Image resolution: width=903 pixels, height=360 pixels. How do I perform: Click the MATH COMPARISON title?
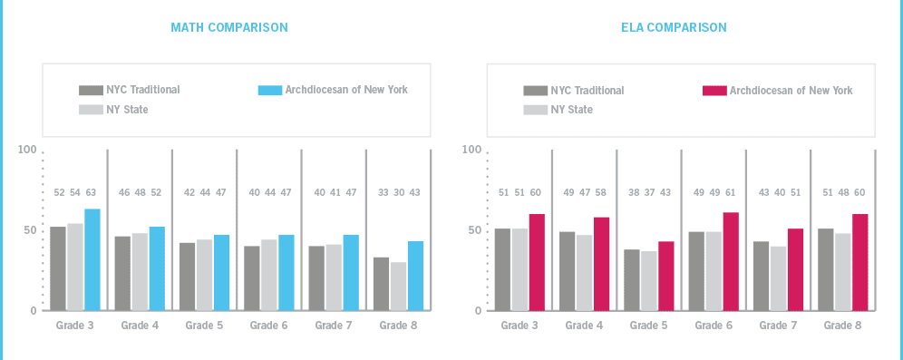[x=229, y=27]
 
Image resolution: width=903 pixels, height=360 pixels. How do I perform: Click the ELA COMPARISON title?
[x=674, y=27]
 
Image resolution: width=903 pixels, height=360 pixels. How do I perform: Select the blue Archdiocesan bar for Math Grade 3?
[x=92, y=260]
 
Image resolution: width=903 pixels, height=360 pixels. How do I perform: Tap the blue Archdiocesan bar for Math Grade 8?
[x=415, y=276]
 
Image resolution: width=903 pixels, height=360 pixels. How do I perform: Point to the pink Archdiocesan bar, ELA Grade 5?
[x=666, y=276]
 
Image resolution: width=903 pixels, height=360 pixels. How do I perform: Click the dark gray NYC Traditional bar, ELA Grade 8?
[x=825, y=269]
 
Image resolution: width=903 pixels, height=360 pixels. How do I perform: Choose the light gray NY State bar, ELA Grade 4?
[x=584, y=273]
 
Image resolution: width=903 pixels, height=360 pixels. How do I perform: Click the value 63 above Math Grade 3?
[x=92, y=192]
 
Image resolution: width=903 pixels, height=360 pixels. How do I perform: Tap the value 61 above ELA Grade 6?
[x=731, y=192]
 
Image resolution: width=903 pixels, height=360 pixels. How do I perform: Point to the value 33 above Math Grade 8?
[x=383, y=192]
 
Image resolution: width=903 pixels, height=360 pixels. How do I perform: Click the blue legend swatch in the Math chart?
[x=270, y=90]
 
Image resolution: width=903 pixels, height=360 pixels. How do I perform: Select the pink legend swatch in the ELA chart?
[x=714, y=91]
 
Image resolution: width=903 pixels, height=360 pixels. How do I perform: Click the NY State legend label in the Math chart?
[x=127, y=110]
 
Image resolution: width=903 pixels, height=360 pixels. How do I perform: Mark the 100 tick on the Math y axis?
[x=27, y=150]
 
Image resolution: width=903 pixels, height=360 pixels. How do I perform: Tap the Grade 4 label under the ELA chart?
[x=585, y=325]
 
